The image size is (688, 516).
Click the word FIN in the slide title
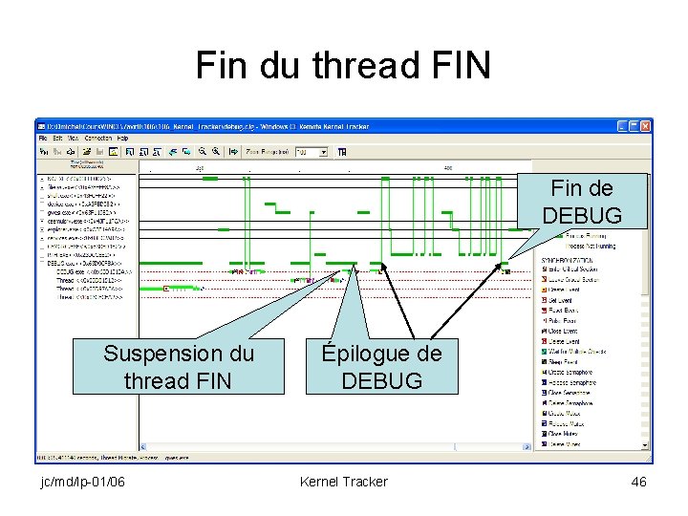click(458, 66)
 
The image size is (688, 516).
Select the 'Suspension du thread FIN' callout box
click(179, 367)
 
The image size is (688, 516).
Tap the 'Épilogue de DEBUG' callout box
click(381, 367)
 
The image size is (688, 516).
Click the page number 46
click(638, 482)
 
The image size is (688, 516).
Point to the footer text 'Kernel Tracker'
click(343, 482)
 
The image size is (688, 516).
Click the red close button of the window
click(646, 126)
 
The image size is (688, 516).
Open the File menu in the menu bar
click(43, 139)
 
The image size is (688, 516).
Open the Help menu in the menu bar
click(122, 139)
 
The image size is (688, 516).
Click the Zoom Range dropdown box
click(311, 151)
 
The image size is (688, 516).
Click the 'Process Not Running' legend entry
click(586, 245)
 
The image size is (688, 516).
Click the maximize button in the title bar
click(634, 126)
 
